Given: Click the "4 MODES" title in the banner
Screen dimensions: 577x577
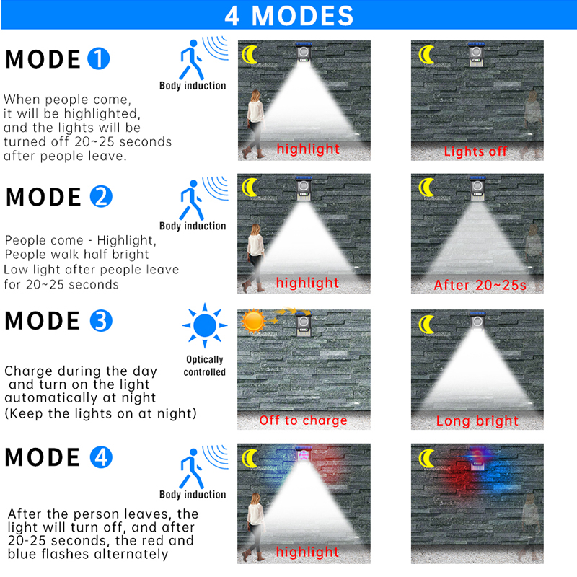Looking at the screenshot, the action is [x=289, y=15].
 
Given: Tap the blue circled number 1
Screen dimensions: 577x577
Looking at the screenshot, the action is [x=99, y=58].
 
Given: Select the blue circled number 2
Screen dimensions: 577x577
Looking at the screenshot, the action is [x=101, y=196].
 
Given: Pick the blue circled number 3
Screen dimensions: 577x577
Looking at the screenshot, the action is [x=101, y=321].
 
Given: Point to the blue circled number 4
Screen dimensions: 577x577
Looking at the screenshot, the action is [x=101, y=457].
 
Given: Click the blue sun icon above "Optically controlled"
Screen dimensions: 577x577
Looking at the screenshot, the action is [x=205, y=325].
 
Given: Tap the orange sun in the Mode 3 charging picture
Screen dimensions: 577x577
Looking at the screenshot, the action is [x=253, y=321].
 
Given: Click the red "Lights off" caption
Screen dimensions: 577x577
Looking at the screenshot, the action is [x=475, y=151].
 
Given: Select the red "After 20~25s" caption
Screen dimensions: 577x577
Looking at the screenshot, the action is [x=480, y=285].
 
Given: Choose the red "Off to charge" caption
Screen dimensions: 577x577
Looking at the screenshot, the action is [x=303, y=420].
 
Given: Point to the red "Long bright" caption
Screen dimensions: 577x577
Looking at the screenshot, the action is [x=477, y=421].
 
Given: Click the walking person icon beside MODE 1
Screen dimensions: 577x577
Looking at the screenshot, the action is [x=191, y=60].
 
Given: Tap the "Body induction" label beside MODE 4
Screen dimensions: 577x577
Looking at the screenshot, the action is [x=193, y=494].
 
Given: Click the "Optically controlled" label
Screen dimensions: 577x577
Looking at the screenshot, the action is [x=205, y=366].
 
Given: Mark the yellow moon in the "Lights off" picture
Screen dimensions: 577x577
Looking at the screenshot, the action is [x=426, y=55].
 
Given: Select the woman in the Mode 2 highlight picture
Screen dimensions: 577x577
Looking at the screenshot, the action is [x=255, y=257].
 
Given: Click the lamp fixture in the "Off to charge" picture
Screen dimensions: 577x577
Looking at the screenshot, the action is [x=304, y=323].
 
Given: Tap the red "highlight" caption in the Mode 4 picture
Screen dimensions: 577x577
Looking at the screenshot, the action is [x=307, y=552].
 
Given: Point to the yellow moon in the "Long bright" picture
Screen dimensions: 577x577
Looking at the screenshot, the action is [x=426, y=324].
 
